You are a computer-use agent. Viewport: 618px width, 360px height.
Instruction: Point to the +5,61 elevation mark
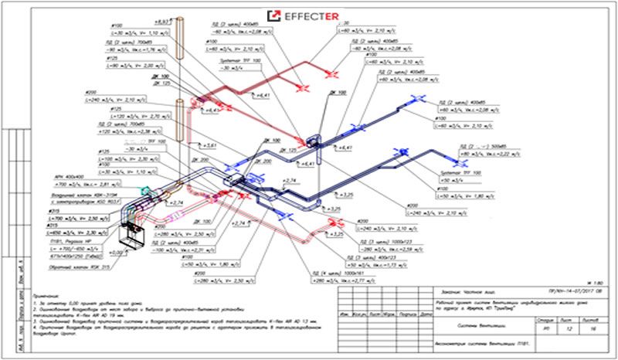[213, 144]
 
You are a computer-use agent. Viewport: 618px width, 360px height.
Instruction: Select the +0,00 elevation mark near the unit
[117, 252]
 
